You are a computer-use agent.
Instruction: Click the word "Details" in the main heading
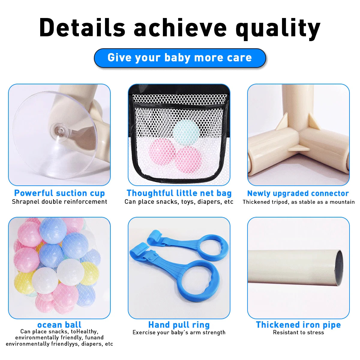tap(82, 28)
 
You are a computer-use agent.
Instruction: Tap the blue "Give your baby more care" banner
tap(180, 58)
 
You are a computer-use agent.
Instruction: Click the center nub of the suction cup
tap(59, 130)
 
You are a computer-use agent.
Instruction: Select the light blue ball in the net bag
tap(186, 132)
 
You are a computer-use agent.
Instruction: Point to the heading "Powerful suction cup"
tap(59, 193)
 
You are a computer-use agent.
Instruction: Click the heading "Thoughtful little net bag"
tap(179, 193)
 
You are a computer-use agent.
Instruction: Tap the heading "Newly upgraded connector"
tap(298, 193)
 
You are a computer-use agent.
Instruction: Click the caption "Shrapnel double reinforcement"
tap(59, 202)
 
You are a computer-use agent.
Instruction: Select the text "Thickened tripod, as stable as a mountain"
tap(298, 202)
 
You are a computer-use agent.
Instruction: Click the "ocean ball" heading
tap(59, 325)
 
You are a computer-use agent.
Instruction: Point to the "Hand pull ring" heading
tap(179, 325)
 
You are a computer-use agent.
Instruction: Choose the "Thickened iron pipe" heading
tap(298, 325)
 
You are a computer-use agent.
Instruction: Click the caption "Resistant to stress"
tap(298, 332)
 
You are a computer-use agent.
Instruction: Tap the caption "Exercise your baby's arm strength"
tap(179, 332)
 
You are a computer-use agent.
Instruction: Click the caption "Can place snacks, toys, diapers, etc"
tap(179, 202)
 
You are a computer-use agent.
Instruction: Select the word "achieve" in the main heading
tap(180, 28)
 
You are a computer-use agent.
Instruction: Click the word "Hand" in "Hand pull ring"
tap(159, 325)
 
